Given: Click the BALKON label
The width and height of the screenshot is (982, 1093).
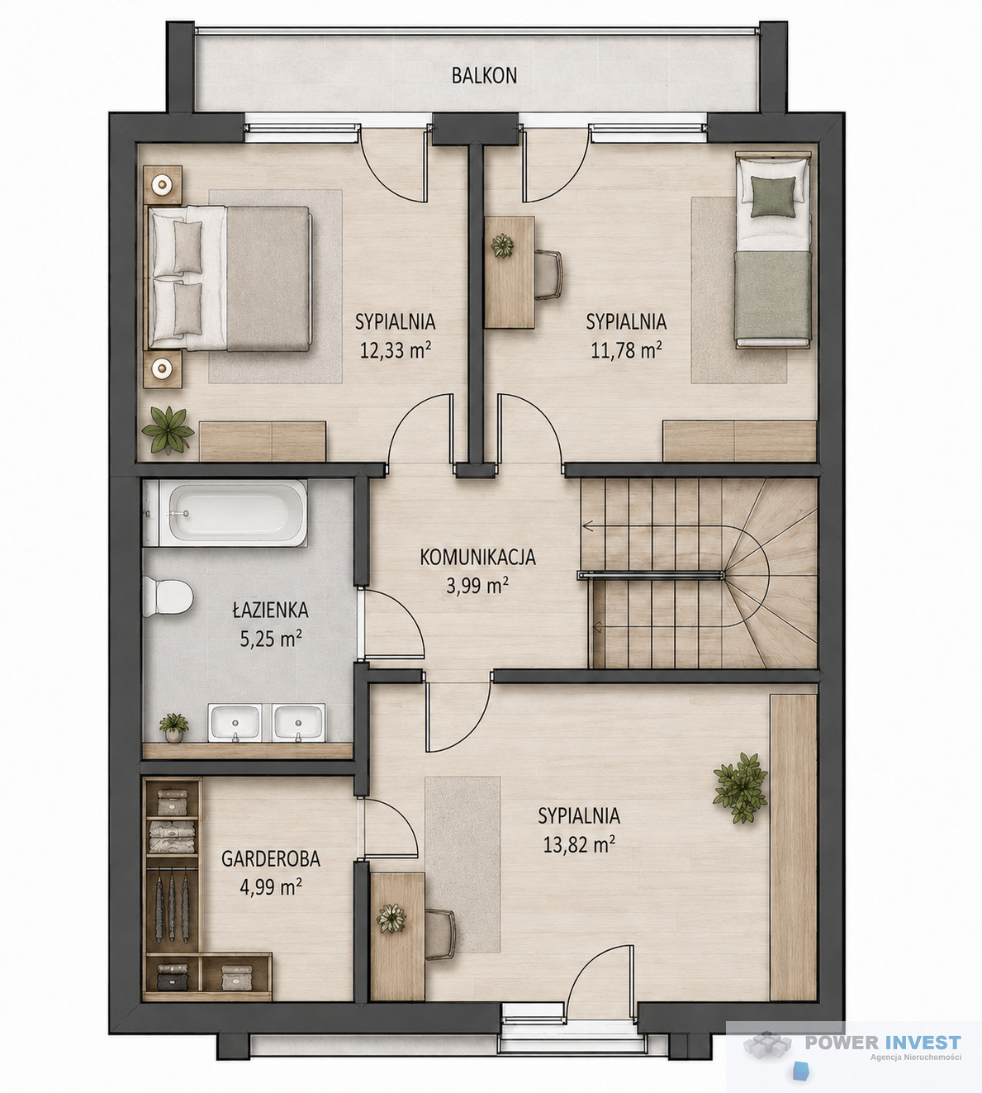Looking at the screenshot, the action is tap(484, 76).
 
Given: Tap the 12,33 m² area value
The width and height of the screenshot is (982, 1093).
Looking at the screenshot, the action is tap(396, 349).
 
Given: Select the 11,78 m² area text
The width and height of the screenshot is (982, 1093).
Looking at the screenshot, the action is tap(627, 349).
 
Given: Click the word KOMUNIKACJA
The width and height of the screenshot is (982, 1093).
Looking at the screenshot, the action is tap(477, 558).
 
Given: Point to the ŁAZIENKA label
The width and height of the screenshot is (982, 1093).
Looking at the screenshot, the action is tap(270, 610).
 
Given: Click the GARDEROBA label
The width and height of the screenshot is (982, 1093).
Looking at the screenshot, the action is tap(270, 858).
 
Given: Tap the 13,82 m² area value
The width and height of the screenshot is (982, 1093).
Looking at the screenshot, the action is tap(579, 844).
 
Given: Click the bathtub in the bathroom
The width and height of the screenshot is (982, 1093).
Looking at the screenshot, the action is tap(225, 513).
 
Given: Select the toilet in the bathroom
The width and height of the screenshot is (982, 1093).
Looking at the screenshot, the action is tap(168, 597).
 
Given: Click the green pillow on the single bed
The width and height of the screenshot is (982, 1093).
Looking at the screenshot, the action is tap(773, 196).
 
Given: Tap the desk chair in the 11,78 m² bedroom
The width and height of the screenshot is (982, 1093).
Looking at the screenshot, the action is tap(548, 274).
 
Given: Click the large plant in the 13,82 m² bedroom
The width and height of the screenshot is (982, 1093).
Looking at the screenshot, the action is tap(741, 786).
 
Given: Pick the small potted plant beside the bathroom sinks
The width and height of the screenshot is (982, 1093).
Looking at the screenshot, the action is tap(173, 727).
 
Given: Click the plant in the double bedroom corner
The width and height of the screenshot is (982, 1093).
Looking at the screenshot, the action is tap(168, 430).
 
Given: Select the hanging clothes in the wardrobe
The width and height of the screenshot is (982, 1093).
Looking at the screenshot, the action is tap(172, 906).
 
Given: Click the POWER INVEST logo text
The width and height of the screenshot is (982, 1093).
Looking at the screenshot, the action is tap(883, 1043).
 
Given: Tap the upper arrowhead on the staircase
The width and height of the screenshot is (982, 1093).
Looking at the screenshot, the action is tap(587, 526).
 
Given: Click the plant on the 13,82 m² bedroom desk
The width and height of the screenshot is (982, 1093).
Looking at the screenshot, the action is tap(391, 918).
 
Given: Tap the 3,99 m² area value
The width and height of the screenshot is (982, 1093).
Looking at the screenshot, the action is tap(477, 586).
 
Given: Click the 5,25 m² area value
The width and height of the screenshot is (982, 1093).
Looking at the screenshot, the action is tap(271, 638).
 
